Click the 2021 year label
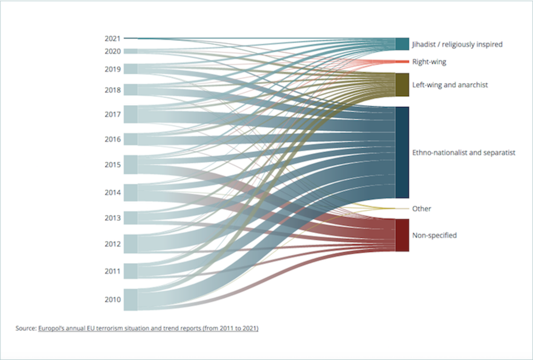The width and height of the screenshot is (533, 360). pos(112,39)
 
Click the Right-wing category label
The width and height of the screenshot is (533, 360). pos(429,62)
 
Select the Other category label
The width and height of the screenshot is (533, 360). pos(422,209)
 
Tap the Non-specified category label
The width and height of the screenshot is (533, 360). pos(434,235)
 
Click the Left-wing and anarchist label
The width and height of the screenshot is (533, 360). pos(450,84)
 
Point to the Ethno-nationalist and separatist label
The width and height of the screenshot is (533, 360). pos(463,153)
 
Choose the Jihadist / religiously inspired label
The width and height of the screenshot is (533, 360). pos(457,44)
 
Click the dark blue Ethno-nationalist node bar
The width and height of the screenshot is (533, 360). pos(402,152)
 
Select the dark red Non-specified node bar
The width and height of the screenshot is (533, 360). pos(402,235)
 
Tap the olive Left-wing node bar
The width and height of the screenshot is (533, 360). pos(402,84)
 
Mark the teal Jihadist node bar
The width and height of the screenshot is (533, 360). pos(402,44)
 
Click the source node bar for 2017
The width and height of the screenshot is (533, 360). pos(131,114)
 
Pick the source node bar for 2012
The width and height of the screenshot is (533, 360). pos(131,244)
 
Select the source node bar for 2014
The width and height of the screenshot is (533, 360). pos(131,193)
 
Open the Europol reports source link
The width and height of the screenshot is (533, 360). pos(148,329)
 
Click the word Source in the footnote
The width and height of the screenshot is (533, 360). pos(26,329)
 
